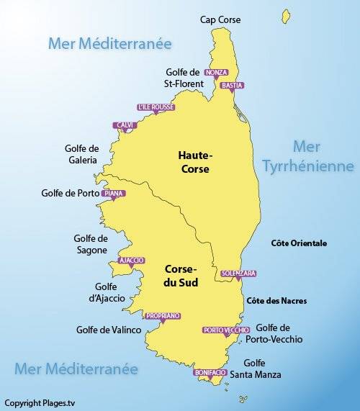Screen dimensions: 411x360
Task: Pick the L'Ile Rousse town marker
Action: click(156, 109)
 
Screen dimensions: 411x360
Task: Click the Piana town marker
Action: click(113, 194)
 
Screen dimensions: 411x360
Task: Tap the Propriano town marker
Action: click(161, 317)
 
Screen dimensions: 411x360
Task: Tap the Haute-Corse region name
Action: click(195, 162)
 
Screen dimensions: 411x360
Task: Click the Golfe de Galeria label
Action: click(81, 154)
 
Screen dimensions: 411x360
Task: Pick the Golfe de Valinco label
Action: click(107, 330)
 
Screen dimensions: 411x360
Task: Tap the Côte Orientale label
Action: click(298, 243)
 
